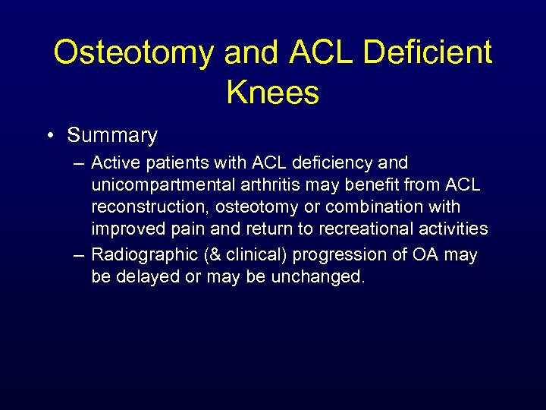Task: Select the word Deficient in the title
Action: click(428, 52)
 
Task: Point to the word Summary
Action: click(112, 136)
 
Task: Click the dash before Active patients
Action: click(78, 163)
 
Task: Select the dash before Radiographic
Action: click(78, 255)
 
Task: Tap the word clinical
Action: click(251, 255)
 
